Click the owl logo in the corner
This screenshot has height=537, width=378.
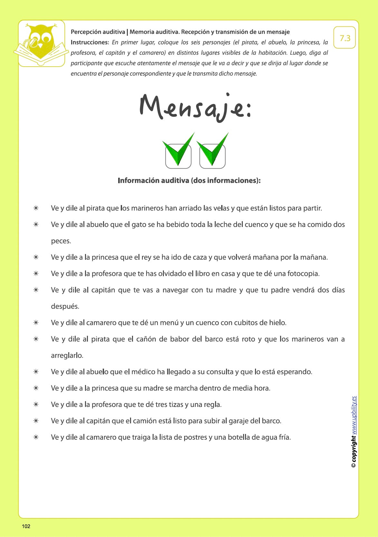pyautogui.click(x=41, y=43)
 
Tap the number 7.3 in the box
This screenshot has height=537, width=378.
pyautogui.click(x=345, y=38)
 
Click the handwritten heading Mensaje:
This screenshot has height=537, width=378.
pyautogui.click(x=195, y=108)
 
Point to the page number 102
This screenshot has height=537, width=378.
pyautogui.click(x=26, y=526)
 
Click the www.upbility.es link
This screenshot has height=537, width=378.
pyautogui.click(x=354, y=415)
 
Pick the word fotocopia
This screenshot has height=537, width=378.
pyautogui.click(x=303, y=274)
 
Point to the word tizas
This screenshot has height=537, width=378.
pyautogui.click(x=176, y=404)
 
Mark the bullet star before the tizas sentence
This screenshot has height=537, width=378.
pyautogui.click(x=36, y=404)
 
